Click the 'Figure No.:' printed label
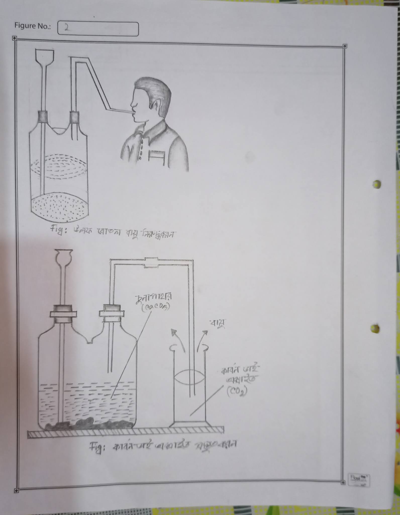[32, 26]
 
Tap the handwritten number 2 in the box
[67, 27]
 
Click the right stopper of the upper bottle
[74, 117]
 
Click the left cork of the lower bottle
[63, 314]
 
